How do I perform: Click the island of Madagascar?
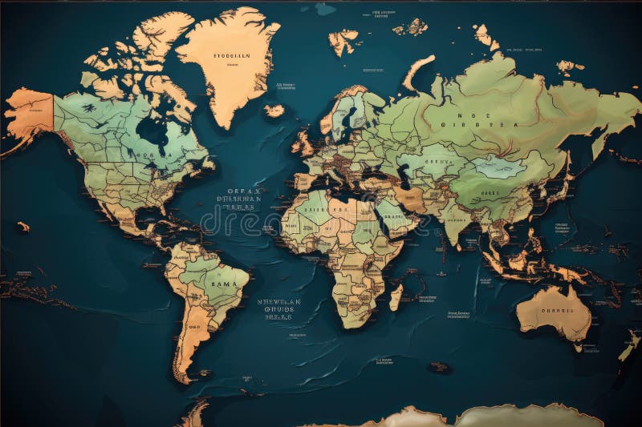pyautogui.click(x=395, y=297)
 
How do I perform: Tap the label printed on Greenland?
pyautogui.click(x=232, y=56)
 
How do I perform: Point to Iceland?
pyautogui.click(x=274, y=111)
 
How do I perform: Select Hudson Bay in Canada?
pyautogui.click(x=152, y=128)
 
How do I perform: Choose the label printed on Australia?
pyautogui.click(x=556, y=310)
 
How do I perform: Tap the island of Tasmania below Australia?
pyautogui.click(x=578, y=348)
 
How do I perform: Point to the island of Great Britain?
pyautogui.click(x=303, y=143)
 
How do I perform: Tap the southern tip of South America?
pyautogui.click(x=184, y=377)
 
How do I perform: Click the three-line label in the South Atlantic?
pyautogui.click(x=279, y=309)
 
